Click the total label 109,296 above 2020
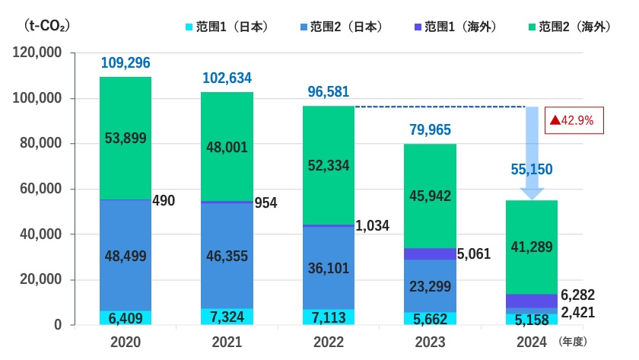point(126,62)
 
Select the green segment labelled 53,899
point(126,138)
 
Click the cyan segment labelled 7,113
point(328,316)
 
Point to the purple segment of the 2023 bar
point(429,253)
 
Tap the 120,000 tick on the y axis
point(39,53)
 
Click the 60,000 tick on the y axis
point(43,190)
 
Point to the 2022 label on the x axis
point(328,342)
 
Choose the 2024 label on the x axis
point(531,342)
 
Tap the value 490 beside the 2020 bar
point(164,201)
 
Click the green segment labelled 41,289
point(531,247)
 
